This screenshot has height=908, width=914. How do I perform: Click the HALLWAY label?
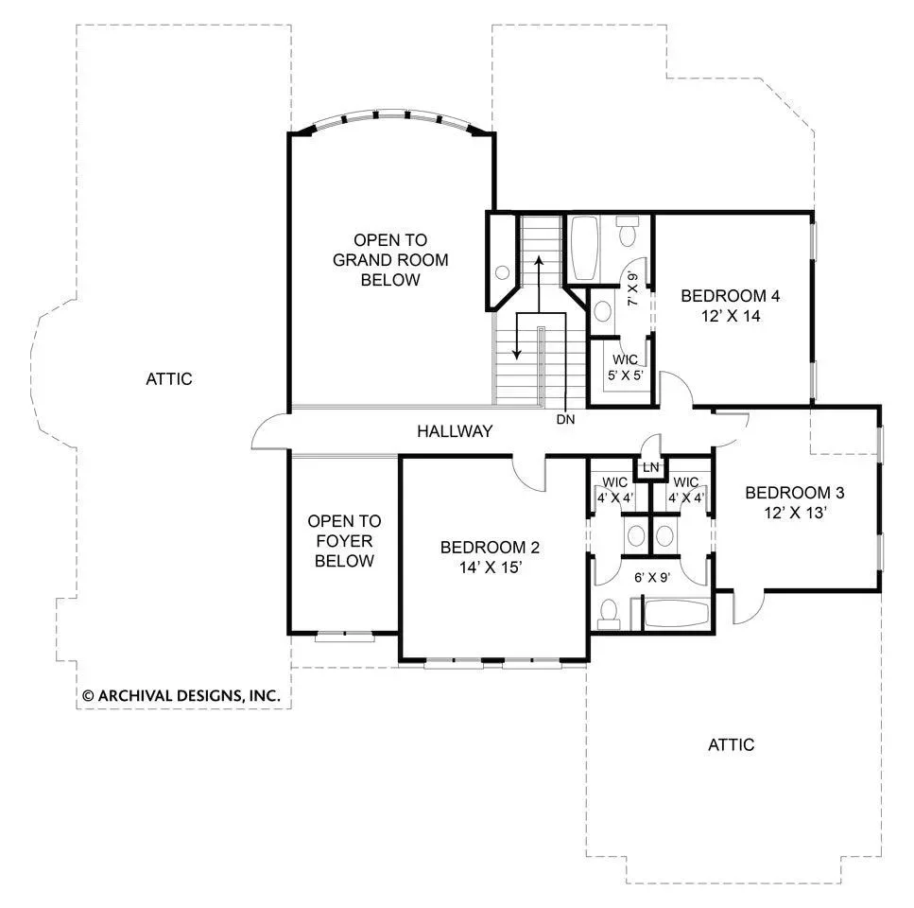[x=455, y=431]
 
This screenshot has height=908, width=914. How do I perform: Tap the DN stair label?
[x=565, y=419]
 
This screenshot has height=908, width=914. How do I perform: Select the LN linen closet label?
[x=651, y=467]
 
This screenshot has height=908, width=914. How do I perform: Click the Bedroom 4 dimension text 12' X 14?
[x=731, y=316]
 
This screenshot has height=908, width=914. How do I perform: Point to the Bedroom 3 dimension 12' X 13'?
[x=795, y=514]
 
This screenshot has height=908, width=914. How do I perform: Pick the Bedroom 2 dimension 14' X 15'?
[x=491, y=567]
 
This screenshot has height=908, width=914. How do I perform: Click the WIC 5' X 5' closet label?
[x=626, y=367]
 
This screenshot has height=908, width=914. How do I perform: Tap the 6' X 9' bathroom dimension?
[x=651, y=577]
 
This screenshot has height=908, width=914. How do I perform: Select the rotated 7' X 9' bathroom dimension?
[x=632, y=289]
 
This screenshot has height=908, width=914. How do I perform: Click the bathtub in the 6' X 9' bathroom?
[x=677, y=614]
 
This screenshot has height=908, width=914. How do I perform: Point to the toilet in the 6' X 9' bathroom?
[x=609, y=615]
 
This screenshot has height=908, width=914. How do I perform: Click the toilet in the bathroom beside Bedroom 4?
[x=628, y=231]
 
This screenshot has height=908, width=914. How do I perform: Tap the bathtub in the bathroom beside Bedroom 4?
[x=584, y=249]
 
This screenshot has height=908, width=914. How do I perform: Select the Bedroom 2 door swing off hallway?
[x=527, y=472]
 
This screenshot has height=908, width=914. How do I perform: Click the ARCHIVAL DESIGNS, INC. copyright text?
[x=181, y=696]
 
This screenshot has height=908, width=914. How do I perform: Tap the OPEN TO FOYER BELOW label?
[x=344, y=541]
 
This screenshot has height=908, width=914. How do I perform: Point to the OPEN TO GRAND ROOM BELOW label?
[x=390, y=260]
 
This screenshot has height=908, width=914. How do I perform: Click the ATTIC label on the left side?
[x=169, y=379]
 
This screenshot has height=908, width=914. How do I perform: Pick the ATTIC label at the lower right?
[x=731, y=744]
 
